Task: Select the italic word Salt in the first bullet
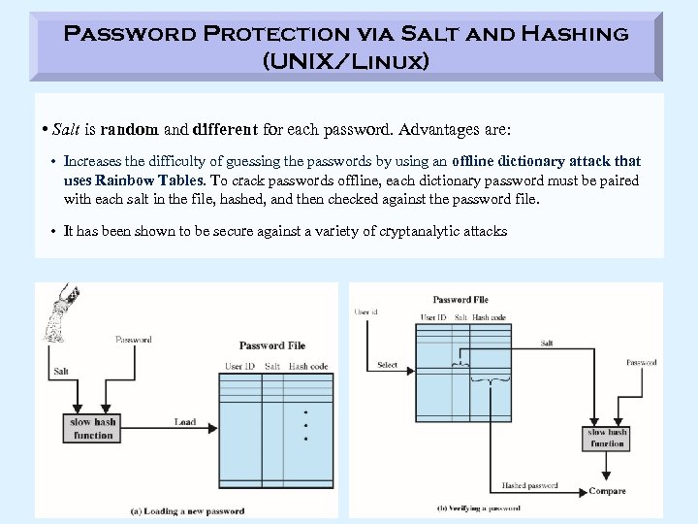pyautogui.click(x=67, y=130)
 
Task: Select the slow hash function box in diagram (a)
pyautogui.click(x=93, y=428)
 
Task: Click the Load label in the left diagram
pyautogui.click(x=184, y=422)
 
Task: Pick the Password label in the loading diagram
pyautogui.click(x=133, y=340)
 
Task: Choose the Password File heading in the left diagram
pyautogui.click(x=271, y=345)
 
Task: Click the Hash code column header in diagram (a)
pyautogui.click(x=308, y=366)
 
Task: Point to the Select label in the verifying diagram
pyautogui.click(x=387, y=366)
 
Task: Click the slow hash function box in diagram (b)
pyautogui.click(x=607, y=438)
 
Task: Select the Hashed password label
pyautogui.click(x=529, y=485)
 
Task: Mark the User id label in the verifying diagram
pyautogui.click(x=366, y=312)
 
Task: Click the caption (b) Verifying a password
pyautogui.click(x=479, y=508)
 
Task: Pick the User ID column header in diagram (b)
pyautogui.click(x=432, y=317)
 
